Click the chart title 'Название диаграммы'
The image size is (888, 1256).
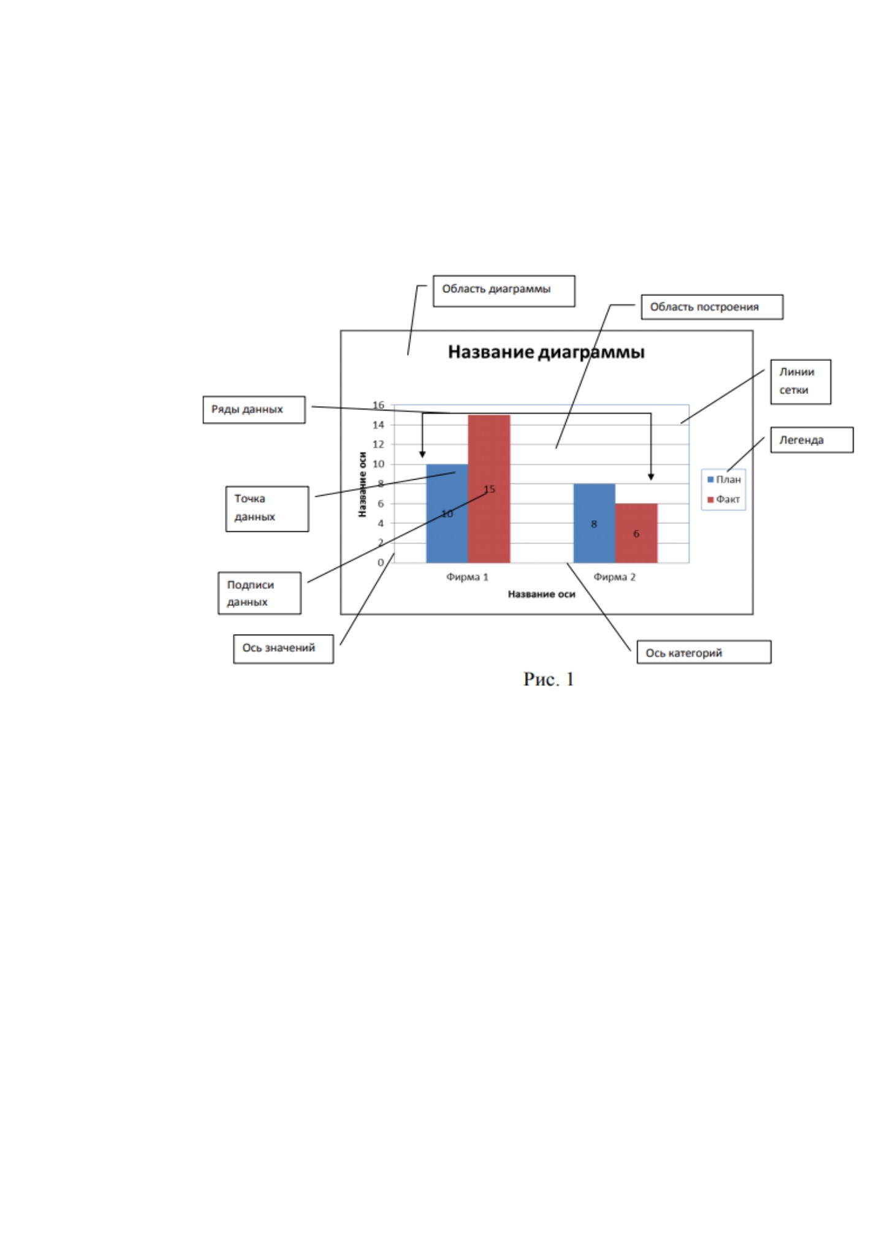tap(546, 352)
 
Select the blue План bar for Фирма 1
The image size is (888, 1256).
tap(447, 513)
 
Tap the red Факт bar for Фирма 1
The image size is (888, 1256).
tap(489, 488)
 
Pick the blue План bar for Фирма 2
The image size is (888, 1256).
tap(594, 523)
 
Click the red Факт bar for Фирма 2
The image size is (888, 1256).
tap(636, 533)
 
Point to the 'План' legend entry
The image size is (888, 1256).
tap(724, 480)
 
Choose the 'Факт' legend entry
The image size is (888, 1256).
tap(724, 499)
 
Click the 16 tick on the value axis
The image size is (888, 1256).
tap(379, 405)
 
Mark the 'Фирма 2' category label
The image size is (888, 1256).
tap(615, 577)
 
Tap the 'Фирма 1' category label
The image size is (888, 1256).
tap(468, 577)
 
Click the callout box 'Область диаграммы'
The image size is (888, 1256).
tap(504, 290)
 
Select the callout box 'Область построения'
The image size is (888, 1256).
tap(712, 307)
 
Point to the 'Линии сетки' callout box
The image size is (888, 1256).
tap(800, 382)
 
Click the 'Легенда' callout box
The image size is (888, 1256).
tap(811, 440)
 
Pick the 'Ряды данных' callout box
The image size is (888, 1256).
tap(254, 409)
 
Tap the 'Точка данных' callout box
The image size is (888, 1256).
tap(267, 509)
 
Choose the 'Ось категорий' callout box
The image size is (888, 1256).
tap(704, 653)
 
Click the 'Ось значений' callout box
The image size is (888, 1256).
tap(283, 649)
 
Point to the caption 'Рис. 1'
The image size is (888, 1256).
tap(548, 679)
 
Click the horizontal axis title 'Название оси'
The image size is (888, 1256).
tap(542, 594)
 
